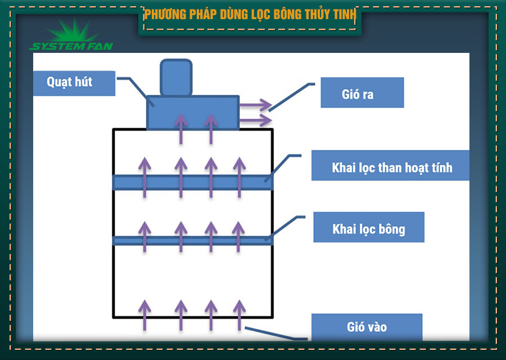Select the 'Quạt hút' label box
click(x=74, y=83)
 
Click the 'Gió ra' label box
click(x=362, y=93)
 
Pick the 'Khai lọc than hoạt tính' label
click(x=390, y=166)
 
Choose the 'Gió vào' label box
click(x=366, y=326)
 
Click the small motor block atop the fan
click(x=176, y=78)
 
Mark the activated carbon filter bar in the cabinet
click(x=193, y=182)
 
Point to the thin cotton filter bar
click(x=193, y=240)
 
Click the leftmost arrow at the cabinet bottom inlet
click(x=144, y=314)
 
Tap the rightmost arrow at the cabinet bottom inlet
click(x=240, y=314)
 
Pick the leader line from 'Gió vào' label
click(x=275, y=333)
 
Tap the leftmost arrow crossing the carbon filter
click(x=144, y=177)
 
